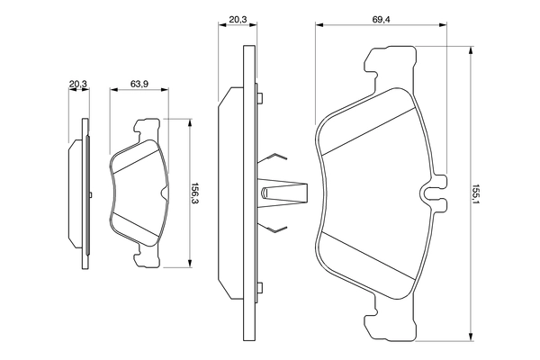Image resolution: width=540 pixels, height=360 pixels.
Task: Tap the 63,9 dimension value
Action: pos(139,84)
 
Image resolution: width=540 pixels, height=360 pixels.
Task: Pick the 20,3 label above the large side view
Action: pos(238,18)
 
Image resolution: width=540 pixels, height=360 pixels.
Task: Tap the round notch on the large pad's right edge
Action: pos(433,192)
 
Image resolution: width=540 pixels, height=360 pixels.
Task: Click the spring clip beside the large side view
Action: pos(279,192)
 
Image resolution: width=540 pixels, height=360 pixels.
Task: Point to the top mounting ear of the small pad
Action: pos(144,129)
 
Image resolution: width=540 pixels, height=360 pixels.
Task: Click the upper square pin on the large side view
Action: pos(258,97)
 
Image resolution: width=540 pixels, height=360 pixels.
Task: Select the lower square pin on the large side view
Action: pos(258,288)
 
